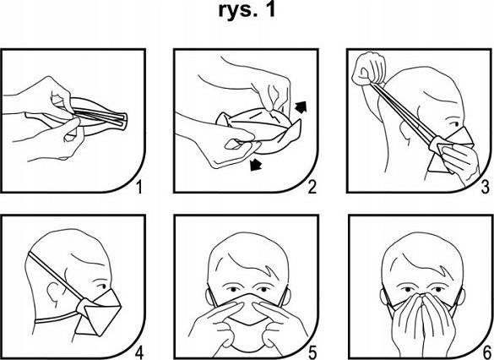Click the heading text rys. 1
(247, 10)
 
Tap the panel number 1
(138, 187)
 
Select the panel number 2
(312, 187)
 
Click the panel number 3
(486, 187)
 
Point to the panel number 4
(139, 352)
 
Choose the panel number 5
(312, 352)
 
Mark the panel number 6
(486, 352)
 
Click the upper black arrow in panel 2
(301, 106)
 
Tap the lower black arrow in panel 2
(256, 164)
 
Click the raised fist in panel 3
(369, 68)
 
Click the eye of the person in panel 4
(102, 286)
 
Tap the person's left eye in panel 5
(263, 289)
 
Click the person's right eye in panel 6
(408, 289)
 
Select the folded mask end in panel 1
(122, 121)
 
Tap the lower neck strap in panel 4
(56, 319)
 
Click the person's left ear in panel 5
(286, 296)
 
